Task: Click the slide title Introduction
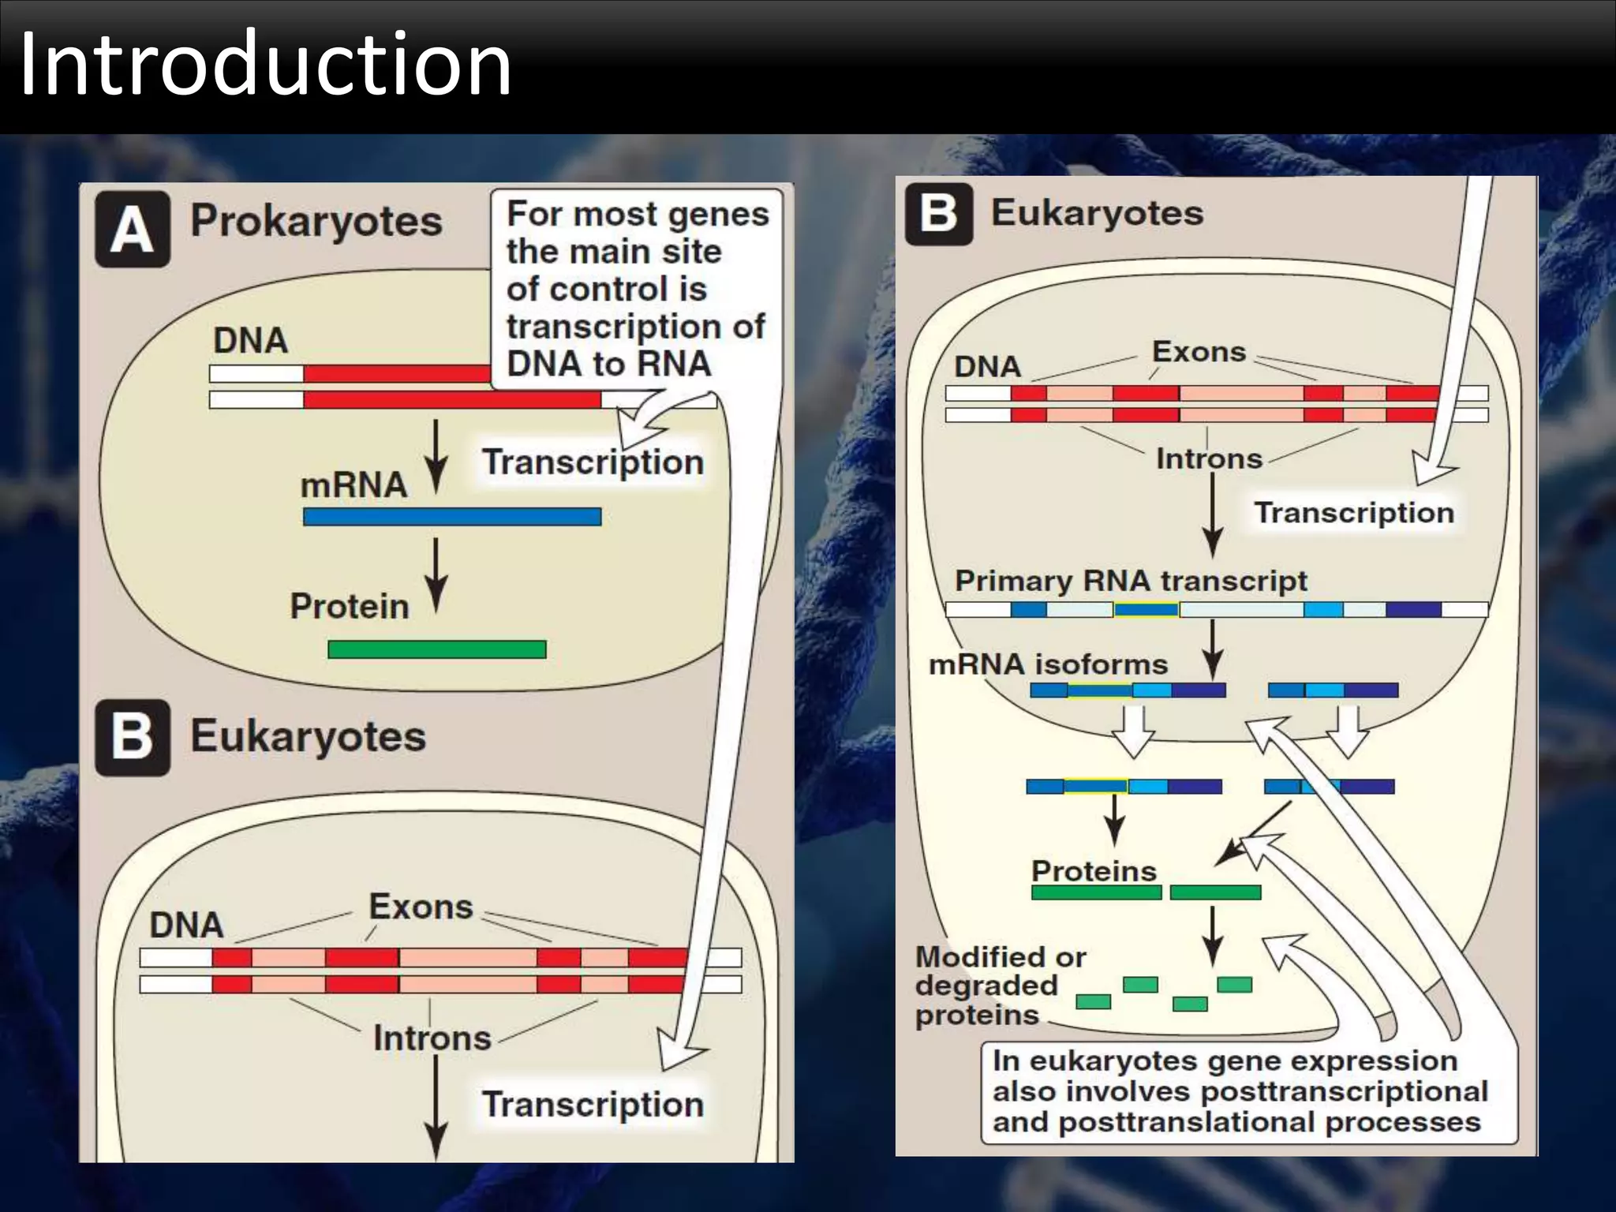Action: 265,65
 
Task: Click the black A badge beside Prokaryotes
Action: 133,229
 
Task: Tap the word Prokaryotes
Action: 316,221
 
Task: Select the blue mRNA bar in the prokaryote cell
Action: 452,517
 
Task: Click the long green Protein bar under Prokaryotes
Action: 436,649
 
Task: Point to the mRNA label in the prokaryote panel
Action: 353,484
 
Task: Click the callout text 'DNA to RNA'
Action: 608,364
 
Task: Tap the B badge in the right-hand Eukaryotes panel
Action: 939,214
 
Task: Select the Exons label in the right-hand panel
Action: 1199,352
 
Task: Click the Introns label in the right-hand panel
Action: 1209,458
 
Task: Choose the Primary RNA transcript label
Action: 1131,581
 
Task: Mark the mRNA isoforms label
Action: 1048,664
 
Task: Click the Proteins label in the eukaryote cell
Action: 1094,871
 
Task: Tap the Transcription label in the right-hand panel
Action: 1354,513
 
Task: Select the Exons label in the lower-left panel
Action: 421,907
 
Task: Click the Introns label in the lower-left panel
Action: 432,1038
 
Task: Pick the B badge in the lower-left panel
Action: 133,738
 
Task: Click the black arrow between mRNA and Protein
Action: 436,574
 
